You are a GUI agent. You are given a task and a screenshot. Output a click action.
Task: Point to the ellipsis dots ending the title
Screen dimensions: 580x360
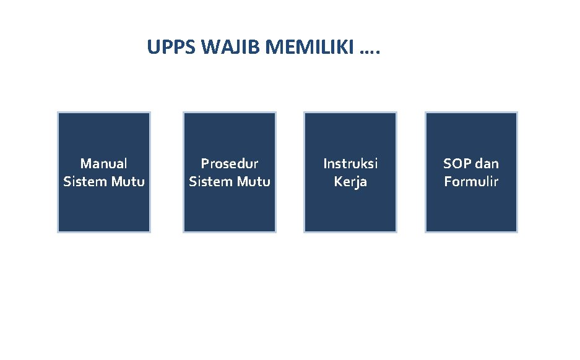click(370, 48)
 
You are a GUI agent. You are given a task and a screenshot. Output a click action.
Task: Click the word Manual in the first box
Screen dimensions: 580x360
click(104, 163)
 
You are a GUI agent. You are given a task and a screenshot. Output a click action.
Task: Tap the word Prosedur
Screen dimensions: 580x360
click(230, 163)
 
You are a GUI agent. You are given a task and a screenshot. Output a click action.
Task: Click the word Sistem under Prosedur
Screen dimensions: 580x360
click(209, 182)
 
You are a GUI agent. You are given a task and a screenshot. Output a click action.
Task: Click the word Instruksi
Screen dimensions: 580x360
click(350, 163)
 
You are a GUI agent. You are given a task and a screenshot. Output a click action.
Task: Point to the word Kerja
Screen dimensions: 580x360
click(350, 182)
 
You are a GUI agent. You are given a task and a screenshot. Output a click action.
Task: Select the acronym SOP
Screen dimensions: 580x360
click(456, 163)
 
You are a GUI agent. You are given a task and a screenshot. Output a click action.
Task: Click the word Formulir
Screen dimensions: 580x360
click(471, 182)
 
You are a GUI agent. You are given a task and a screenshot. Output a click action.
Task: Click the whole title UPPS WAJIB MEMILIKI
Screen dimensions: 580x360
click(264, 48)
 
